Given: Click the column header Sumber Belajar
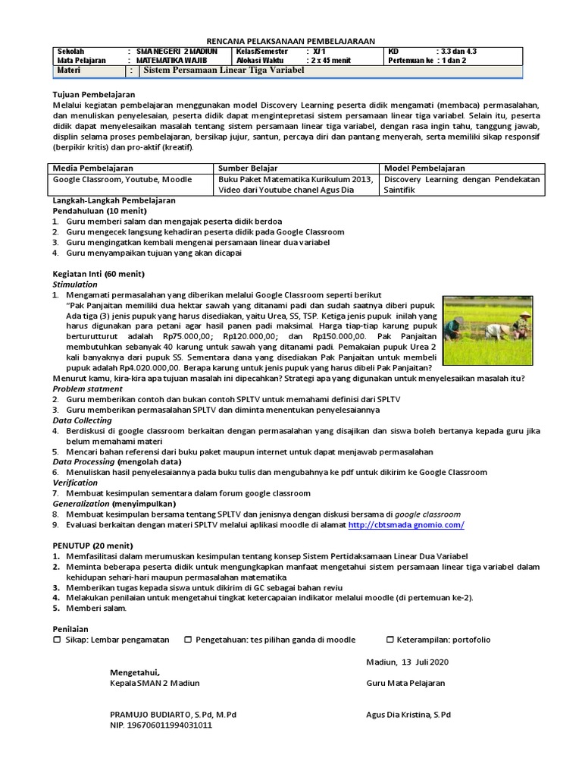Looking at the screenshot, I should point(248,168).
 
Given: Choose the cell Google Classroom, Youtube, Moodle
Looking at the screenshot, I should point(122,180).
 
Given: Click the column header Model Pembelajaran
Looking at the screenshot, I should point(425,168).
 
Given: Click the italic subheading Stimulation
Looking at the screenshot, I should point(75,284).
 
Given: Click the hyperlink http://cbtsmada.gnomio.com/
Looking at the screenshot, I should point(405,524).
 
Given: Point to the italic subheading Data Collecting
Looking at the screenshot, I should point(82,420).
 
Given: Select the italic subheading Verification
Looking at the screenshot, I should point(75,482).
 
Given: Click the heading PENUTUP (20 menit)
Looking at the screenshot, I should point(92,545).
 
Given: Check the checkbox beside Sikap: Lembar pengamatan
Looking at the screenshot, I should point(57,640).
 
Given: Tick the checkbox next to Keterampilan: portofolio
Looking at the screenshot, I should point(390,640).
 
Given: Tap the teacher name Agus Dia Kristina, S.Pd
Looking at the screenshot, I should point(408,714).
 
